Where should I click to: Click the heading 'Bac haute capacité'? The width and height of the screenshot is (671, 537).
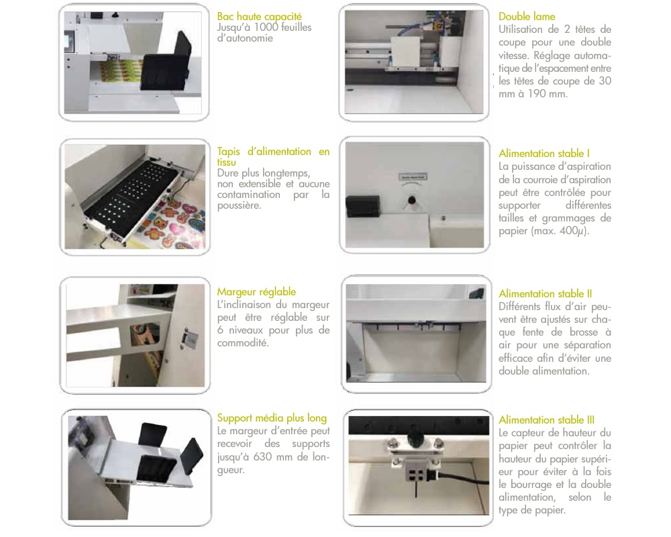click(x=259, y=17)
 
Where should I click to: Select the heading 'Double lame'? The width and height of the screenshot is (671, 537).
click(x=527, y=17)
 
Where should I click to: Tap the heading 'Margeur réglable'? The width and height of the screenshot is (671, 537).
click(x=256, y=292)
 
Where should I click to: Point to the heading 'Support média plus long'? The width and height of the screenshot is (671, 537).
click(x=272, y=418)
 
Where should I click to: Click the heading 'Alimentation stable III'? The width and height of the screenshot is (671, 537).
click(x=546, y=420)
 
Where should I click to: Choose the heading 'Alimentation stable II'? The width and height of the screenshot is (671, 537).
click(x=545, y=294)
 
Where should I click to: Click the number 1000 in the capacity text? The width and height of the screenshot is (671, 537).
click(x=266, y=28)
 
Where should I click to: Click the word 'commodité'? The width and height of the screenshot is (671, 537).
click(x=243, y=343)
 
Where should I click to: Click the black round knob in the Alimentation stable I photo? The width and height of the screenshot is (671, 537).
click(x=412, y=200)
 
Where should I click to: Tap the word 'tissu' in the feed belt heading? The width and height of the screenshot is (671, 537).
click(x=226, y=162)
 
